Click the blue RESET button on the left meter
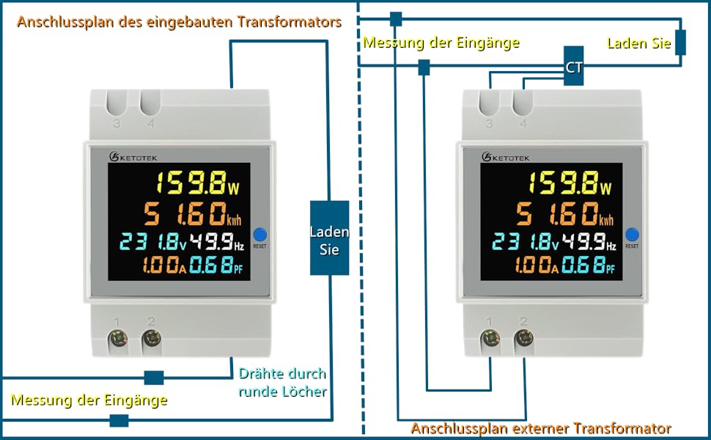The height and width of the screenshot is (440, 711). pos(261,235)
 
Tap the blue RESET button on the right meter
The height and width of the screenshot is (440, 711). pos(633,235)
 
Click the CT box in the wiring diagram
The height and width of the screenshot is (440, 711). pos(574,67)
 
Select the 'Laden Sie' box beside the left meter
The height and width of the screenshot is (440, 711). pos(329,238)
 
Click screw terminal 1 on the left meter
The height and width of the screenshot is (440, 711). pos(117,339)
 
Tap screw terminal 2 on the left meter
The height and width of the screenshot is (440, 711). pos(151,339)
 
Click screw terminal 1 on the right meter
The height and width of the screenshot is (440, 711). pos(490,339)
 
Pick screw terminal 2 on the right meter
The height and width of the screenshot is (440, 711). pos(523,339)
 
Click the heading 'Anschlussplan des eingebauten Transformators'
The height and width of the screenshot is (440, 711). pos(179,22)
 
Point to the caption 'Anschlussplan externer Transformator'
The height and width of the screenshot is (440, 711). pos(541,428)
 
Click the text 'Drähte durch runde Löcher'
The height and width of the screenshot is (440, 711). pos(283,382)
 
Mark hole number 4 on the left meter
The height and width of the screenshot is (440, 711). pos(151,103)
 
